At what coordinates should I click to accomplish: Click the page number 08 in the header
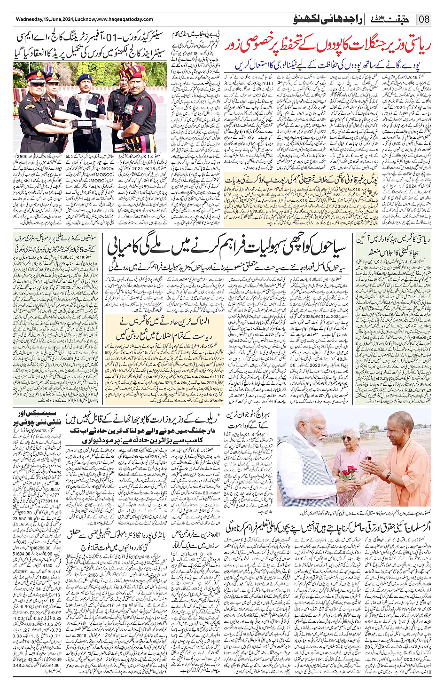(424, 19)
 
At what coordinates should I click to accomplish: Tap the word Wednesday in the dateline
(31, 19)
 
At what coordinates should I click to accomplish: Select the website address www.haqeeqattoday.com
(125, 19)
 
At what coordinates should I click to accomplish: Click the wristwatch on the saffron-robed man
(389, 477)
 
